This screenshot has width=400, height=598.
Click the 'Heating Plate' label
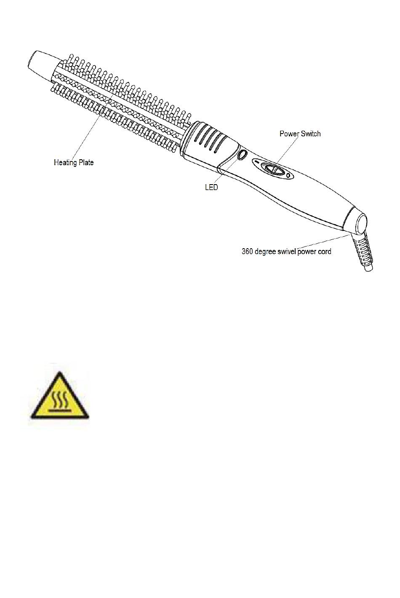(74, 162)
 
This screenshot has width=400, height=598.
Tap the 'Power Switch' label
(300, 134)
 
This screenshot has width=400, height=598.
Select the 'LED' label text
(211, 187)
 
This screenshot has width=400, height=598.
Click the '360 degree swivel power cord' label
(286, 252)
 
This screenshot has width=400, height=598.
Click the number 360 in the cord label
(247, 252)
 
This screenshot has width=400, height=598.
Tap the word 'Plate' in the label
(85, 162)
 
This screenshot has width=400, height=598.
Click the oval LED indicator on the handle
(242, 155)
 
